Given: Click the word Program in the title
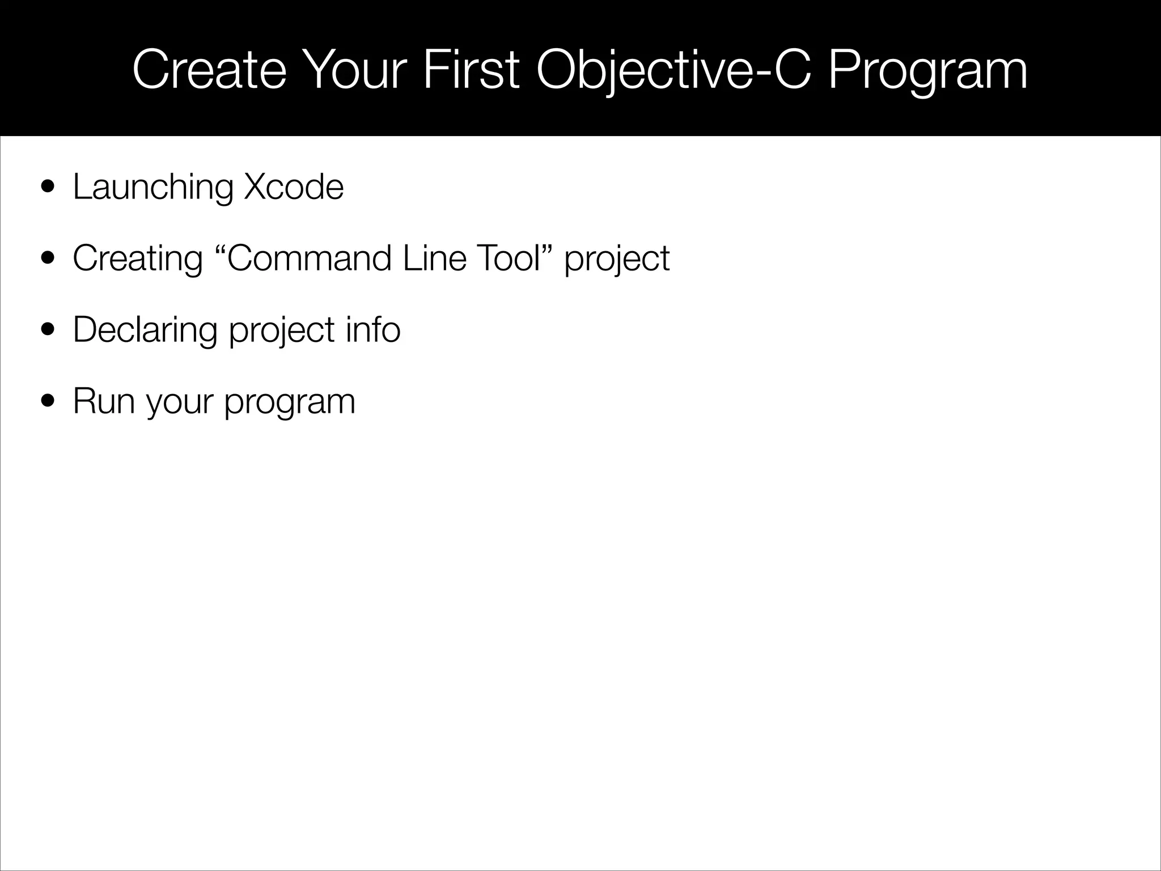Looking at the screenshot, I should click(927, 71).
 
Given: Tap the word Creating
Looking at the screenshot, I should click(138, 259).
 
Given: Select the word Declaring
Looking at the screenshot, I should click(145, 331).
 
